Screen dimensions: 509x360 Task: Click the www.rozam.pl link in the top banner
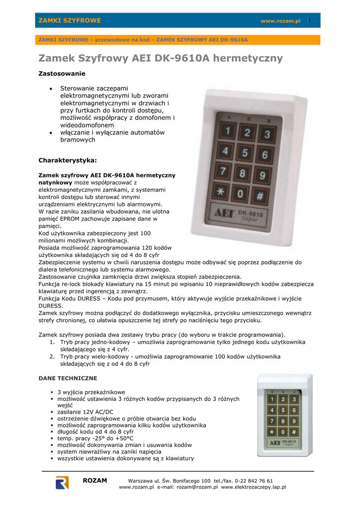(280, 21)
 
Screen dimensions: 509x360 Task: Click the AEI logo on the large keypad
(225, 212)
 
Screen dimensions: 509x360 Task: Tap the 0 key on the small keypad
(283, 431)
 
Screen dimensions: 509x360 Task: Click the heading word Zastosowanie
(62, 74)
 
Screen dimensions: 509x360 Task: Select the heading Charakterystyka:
(68, 160)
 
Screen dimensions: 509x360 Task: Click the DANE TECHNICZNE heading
(68, 378)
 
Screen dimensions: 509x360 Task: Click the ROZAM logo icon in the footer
(62, 483)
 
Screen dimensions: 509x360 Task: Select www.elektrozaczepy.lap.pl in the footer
(254, 487)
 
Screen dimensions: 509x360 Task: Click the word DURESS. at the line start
(51, 306)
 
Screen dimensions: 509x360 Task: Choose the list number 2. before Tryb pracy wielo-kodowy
(52, 356)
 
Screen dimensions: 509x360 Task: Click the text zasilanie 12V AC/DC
(85, 412)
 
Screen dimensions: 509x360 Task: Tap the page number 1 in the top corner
(309, 20)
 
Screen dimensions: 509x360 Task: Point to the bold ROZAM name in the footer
(94, 481)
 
